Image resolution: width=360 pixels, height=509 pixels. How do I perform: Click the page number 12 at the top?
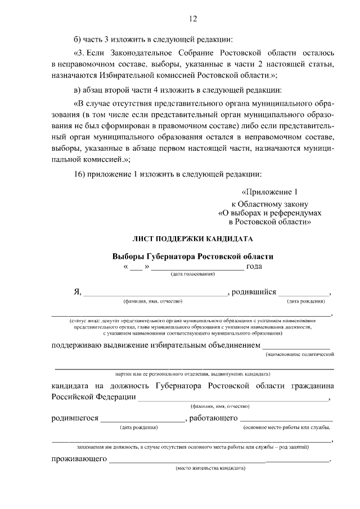pos(192,19)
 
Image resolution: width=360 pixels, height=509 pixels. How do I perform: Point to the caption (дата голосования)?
pos(193,274)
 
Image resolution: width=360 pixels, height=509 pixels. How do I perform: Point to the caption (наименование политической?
pos(300,354)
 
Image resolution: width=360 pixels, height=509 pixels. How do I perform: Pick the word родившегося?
pos(75,418)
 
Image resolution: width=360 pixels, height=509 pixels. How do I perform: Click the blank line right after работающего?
pos(287,419)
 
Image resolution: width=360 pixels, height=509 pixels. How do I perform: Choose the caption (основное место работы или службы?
pos(287,428)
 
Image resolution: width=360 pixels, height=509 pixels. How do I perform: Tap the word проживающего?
pos(79,459)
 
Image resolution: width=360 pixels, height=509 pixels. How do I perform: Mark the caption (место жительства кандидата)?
pos(209,468)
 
